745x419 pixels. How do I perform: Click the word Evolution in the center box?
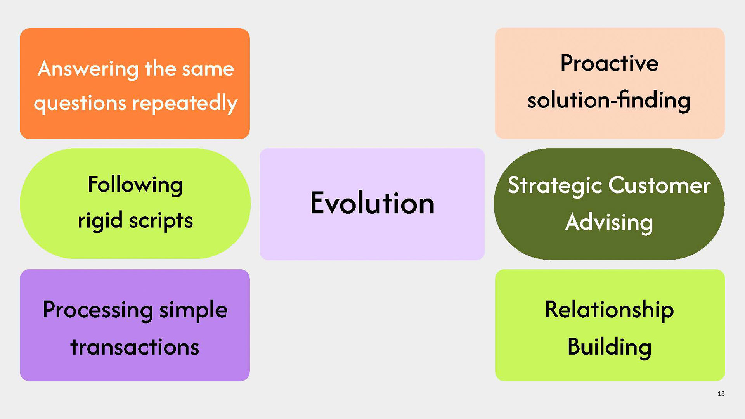point(372,203)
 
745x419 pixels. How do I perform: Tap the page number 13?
point(721,394)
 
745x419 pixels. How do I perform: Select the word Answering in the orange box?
point(88,69)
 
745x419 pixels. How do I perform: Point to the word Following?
point(135,185)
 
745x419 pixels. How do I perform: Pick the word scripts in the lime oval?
point(161,221)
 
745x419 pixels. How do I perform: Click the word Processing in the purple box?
point(98,310)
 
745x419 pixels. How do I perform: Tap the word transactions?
point(135,347)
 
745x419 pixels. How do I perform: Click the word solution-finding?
point(609,100)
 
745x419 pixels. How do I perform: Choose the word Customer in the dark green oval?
point(659,185)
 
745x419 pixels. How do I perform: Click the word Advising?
point(609,222)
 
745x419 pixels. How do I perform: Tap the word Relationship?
point(609,310)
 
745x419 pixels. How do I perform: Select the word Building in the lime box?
point(609,347)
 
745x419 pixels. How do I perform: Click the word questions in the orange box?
point(80,104)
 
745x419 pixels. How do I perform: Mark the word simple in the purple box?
point(193,310)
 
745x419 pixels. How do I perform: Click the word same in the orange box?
point(208,69)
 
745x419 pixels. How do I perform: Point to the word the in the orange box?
point(160,69)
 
